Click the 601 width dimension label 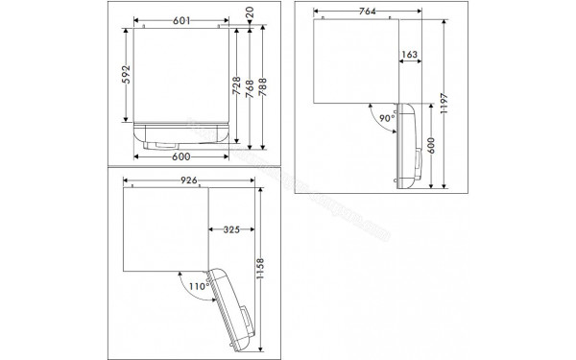181,21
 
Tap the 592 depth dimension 126,74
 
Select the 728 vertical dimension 236,85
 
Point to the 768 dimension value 250,88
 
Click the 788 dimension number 263,87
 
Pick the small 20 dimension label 250,12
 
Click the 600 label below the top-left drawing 181,156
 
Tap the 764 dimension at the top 368,12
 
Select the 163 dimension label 409,55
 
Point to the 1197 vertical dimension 444,104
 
